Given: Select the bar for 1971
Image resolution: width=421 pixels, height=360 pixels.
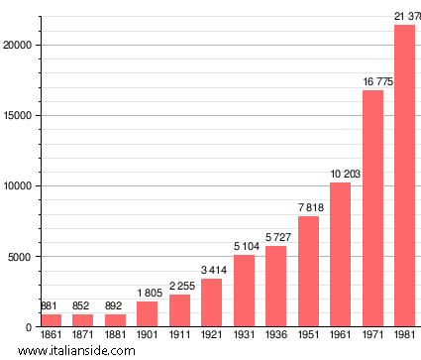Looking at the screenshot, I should (372, 208).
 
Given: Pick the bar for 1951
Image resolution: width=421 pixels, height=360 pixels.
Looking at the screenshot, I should (308, 272).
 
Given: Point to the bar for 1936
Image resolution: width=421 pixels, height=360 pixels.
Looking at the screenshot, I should (275, 287).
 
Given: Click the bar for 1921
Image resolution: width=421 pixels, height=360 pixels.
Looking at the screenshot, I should (211, 302).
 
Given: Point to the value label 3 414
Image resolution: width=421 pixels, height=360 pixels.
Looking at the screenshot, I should (211, 270).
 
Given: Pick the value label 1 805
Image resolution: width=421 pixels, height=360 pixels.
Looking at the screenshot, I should (147, 293).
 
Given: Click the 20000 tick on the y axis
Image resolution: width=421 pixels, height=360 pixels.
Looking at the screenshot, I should (20, 45).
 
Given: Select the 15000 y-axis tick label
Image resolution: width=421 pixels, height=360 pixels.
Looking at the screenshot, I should (20, 115).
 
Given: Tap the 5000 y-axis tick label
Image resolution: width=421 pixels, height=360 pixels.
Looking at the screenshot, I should (23, 257).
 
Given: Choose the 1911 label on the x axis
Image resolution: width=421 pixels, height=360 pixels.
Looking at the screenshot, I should (179, 335).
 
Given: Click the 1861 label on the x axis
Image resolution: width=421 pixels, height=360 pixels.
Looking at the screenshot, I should (51, 335).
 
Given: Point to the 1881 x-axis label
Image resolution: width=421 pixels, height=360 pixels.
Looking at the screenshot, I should (115, 335).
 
